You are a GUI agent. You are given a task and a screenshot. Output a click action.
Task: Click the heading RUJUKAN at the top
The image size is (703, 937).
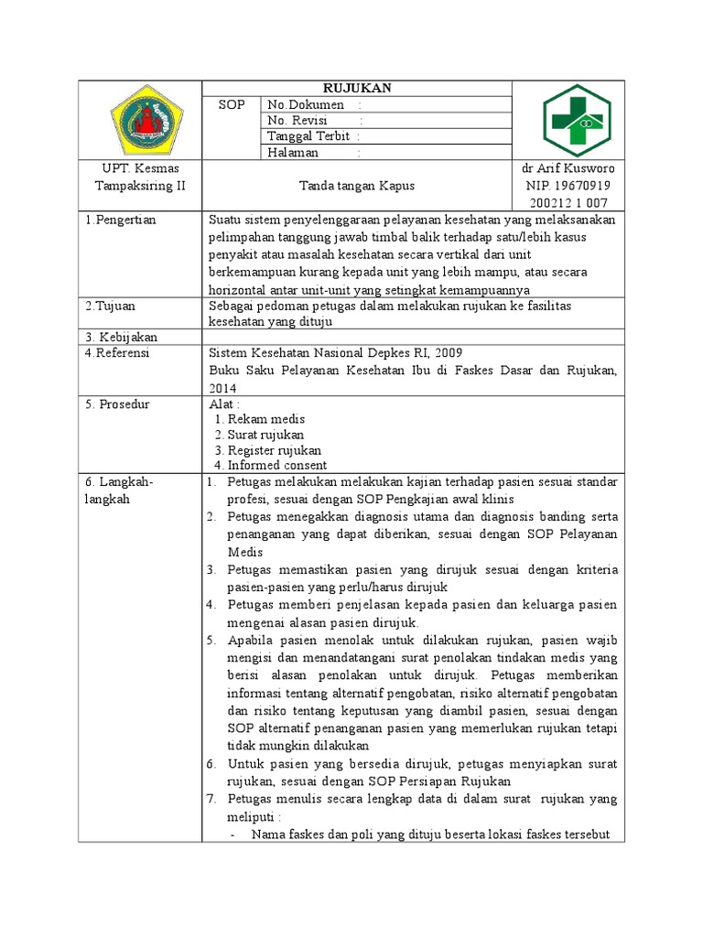click(x=356, y=88)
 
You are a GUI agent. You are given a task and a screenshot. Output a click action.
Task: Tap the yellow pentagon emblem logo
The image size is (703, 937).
click(x=140, y=120)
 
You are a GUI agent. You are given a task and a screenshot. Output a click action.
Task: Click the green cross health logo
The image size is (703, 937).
click(x=568, y=120)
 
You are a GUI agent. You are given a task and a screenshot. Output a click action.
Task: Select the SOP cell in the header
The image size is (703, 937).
click(x=232, y=105)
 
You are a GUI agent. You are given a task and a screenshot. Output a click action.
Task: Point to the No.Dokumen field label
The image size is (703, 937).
click(x=306, y=105)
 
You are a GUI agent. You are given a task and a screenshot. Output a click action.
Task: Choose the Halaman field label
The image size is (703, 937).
click(x=293, y=153)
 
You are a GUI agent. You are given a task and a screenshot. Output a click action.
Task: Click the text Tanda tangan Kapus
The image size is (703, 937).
click(x=356, y=186)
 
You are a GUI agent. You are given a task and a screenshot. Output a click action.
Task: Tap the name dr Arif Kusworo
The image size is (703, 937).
click(x=568, y=169)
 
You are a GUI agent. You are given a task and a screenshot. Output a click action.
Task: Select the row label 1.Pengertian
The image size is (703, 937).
click(x=121, y=220)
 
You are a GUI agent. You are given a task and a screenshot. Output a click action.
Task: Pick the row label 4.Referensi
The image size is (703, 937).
click(x=117, y=352)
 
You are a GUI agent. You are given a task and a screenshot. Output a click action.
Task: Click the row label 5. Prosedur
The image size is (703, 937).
click(x=117, y=403)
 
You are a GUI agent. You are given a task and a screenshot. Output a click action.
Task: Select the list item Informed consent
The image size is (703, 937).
click(x=276, y=465)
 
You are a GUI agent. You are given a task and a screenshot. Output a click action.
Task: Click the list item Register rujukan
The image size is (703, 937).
click(x=275, y=449)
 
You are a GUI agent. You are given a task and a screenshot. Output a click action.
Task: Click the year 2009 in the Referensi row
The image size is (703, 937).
click(x=447, y=352)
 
